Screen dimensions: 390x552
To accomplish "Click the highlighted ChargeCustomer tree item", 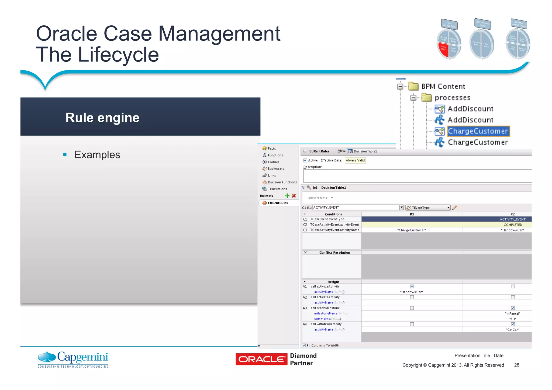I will [478, 131].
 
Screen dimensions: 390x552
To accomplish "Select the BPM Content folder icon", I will [413, 86].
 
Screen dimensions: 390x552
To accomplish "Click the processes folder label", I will [453, 98].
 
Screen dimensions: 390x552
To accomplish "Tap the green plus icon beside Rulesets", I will [287, 196].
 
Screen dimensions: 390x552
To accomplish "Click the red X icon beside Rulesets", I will [294, 196].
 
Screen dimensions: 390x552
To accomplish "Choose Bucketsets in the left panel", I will [276, 169].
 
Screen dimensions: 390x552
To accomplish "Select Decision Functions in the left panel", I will [282, 182].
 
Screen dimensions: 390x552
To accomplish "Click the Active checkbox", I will [305, 160].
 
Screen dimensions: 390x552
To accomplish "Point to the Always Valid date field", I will [355, 160].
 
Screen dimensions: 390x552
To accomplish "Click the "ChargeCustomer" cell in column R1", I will [412, 230].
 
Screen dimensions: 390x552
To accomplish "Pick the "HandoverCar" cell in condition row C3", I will [512, 230].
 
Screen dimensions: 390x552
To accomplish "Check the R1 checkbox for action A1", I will [412, 287].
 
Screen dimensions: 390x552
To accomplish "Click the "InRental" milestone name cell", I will [512, 313].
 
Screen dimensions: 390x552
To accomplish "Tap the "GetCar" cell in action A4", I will [512, 330].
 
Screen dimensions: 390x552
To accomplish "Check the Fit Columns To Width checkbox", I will [304, 345].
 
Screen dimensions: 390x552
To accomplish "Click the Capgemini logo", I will [73, 359].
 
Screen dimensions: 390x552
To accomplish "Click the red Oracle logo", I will [261, 359].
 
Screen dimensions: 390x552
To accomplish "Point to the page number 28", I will [516, 365].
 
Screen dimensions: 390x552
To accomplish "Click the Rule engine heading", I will [102, 118].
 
